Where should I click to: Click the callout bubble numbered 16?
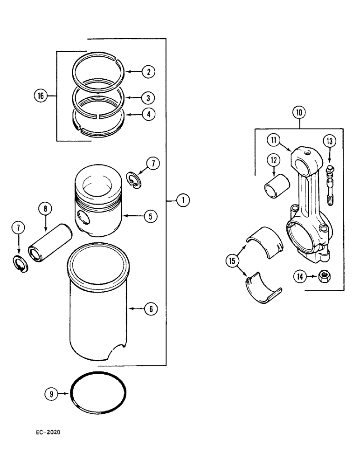[41, 96]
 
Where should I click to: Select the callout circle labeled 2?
[148, 72]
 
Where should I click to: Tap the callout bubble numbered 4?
[148, 114]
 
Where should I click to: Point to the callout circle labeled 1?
[183, 200]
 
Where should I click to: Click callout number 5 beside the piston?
[150, 216]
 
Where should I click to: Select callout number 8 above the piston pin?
[45, 209]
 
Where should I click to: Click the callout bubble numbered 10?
[299, 112]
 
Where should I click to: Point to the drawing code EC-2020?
[48, 432]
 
